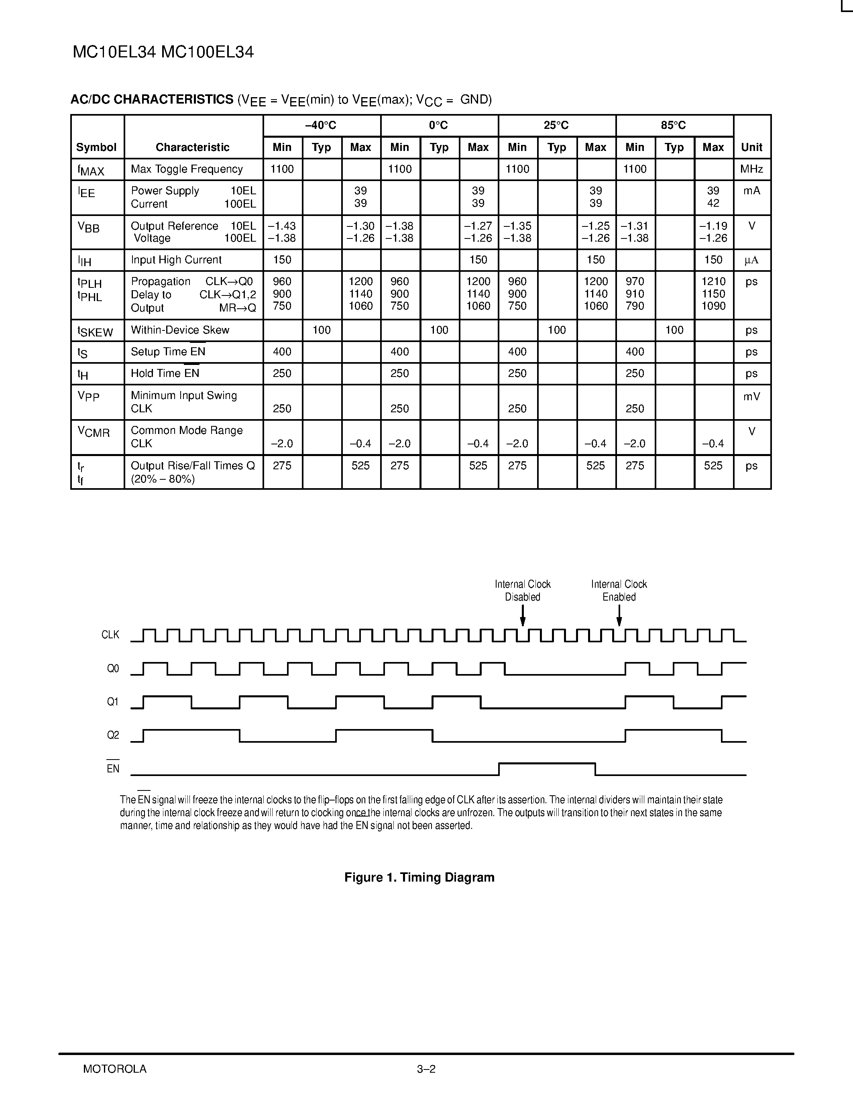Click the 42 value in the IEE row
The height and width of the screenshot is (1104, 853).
(713, 204)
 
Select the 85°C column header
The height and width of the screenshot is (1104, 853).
(674, 125)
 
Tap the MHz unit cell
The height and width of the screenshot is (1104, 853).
(751, 169)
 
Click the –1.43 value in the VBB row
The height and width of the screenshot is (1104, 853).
(281, 226)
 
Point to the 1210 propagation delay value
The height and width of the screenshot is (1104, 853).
(713, 281)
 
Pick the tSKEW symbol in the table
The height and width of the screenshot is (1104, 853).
(95, 331)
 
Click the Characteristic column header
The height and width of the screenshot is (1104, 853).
(193, 147)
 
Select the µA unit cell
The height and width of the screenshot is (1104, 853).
(751, 260)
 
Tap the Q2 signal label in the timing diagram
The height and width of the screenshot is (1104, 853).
(113, 735)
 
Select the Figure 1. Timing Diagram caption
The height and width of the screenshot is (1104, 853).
(419, 878)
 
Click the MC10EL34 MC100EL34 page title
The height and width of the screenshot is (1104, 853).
(163, 52)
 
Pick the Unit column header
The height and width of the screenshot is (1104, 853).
(751, 147)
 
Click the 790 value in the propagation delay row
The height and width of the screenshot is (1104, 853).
(635, 306)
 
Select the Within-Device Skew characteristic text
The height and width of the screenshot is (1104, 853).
(180, 330)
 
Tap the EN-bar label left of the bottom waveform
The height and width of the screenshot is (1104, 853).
(113, 768)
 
